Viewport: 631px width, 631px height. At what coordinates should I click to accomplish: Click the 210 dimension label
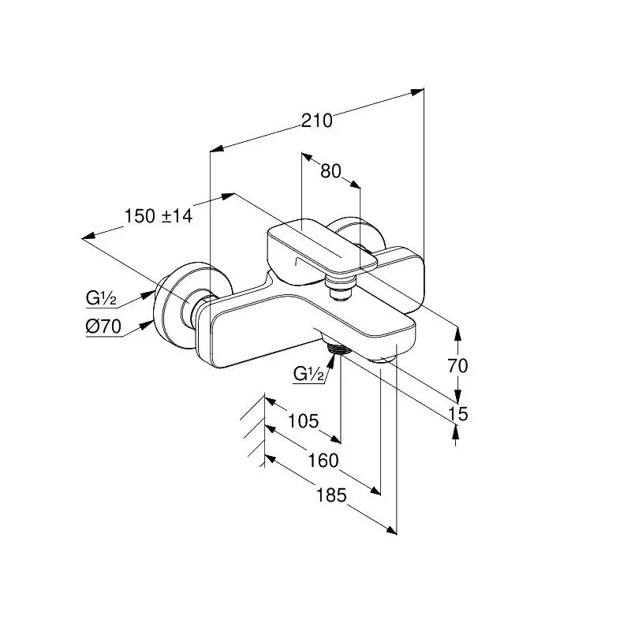pos(317,121)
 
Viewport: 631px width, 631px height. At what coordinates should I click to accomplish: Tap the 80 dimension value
pos(330,171)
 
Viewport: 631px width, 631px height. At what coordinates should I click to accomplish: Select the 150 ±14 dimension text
pos(159,216)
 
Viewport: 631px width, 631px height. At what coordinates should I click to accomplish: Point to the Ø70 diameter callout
pos(103,327)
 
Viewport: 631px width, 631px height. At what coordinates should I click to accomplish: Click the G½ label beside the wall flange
pos(101,298)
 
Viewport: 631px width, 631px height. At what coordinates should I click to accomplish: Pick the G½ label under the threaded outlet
pos(308,374)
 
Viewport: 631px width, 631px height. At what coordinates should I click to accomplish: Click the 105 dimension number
pos(303,421)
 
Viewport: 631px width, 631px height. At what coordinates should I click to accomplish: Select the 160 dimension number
pos(323,461)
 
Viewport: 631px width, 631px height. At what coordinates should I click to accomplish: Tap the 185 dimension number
pos(331,495)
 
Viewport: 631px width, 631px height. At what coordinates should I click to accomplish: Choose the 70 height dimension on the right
pos(458,366)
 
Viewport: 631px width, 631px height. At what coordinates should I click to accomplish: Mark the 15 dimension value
pos(458,413)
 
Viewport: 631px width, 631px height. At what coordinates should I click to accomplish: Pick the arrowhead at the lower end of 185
pos(390,531)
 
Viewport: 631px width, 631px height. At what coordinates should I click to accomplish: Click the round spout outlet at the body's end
pos(383,359)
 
